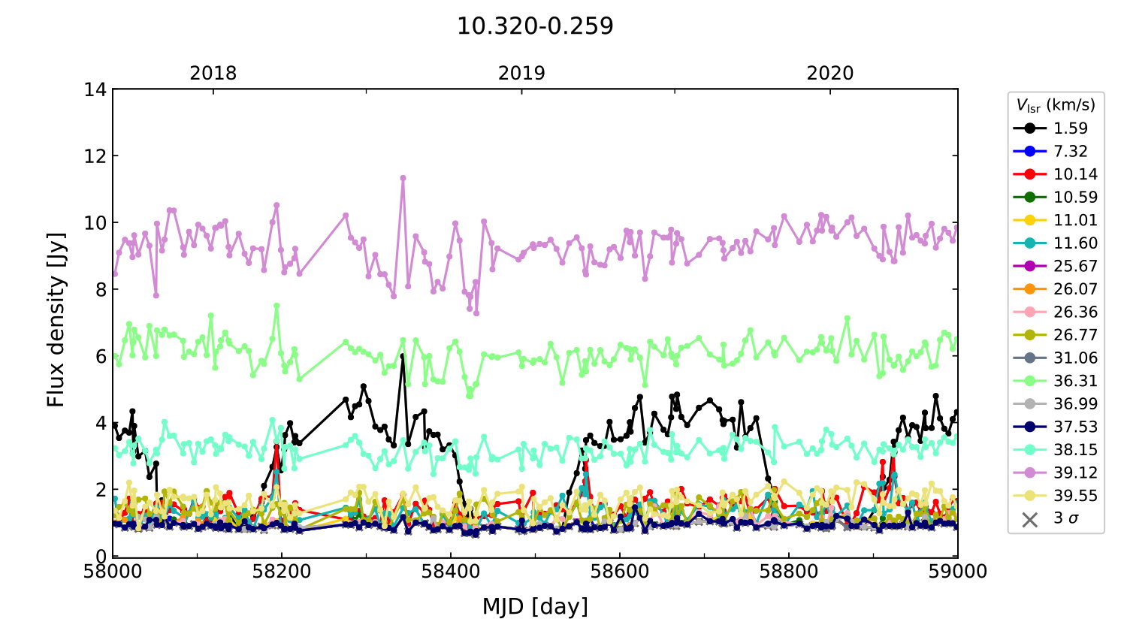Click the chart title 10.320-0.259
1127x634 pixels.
tap(535, 26)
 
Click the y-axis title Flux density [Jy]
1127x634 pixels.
tap(56, 320)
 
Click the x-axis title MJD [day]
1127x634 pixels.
tap(535, 606)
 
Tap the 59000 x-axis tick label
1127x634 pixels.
tap(957, 572)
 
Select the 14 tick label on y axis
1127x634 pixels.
tap(95, 89)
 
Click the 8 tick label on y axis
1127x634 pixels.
tap(100, 290)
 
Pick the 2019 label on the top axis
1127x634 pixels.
tap(521, 74)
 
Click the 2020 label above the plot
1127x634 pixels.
tap(830, 74)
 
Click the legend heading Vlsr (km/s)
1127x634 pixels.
tap(1056, 105)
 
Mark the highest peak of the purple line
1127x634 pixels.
tap(403, 178)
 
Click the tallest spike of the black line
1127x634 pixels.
tap(403, 355)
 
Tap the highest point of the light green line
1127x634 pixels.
tap(276, 306)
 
